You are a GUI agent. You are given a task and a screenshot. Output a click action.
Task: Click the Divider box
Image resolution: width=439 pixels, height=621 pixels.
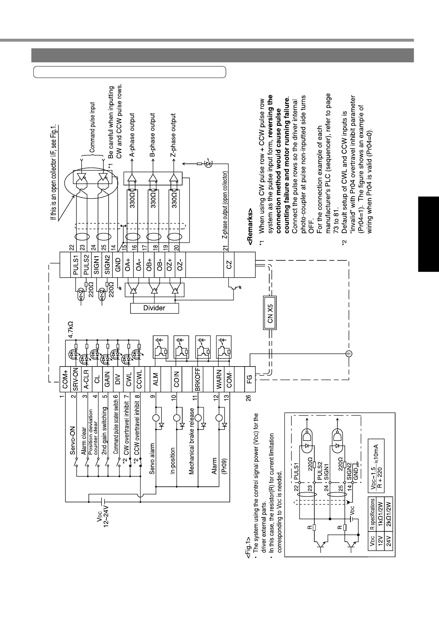click(x=154, y=308)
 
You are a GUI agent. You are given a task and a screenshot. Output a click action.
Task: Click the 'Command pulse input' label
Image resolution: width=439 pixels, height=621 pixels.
click(x=93, y=127)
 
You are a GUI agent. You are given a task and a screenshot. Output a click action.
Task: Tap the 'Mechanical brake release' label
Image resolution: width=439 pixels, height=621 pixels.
click(x=191, y=441)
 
